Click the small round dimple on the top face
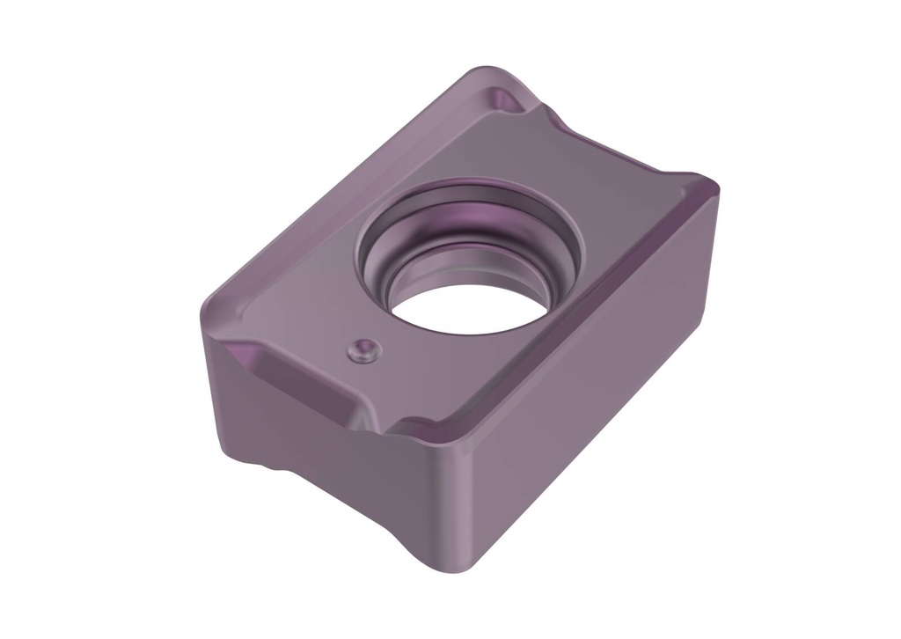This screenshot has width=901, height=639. point(362,350)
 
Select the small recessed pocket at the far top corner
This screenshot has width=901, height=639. point(505,99)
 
